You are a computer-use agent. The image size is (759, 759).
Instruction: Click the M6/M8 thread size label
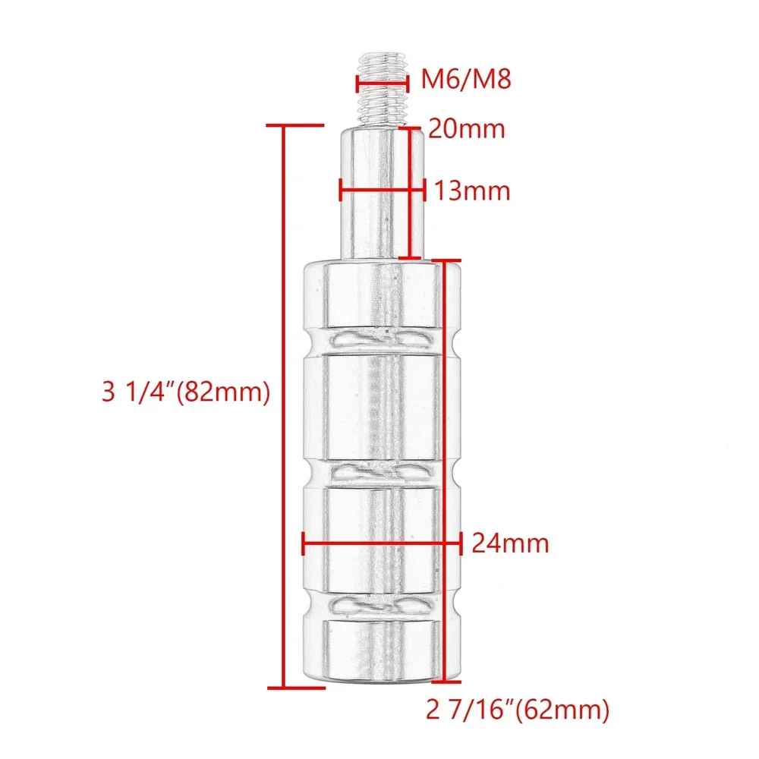click(466, 78)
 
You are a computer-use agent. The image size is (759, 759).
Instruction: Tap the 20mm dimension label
click(467, 129)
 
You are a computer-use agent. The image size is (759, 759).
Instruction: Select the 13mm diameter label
click(472, 191)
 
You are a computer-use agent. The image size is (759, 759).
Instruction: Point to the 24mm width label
click(510, 543)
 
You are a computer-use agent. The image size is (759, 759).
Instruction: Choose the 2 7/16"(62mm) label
click(518, 710)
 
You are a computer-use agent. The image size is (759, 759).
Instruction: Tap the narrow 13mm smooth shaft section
click(383, 193)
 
